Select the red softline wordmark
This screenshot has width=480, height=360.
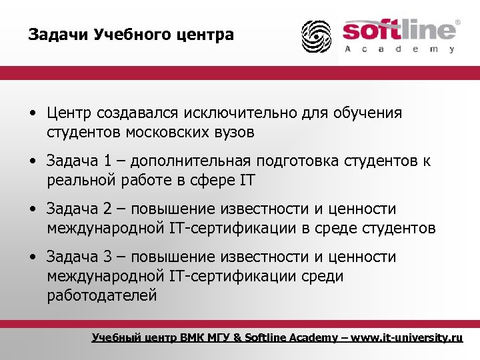click(x=398, y=31)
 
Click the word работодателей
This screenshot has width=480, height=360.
click(x=102, y=295)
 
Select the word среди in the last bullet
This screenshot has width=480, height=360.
click(x=323, y=276)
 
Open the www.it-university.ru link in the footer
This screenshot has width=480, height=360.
click(x=407, y=337)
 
